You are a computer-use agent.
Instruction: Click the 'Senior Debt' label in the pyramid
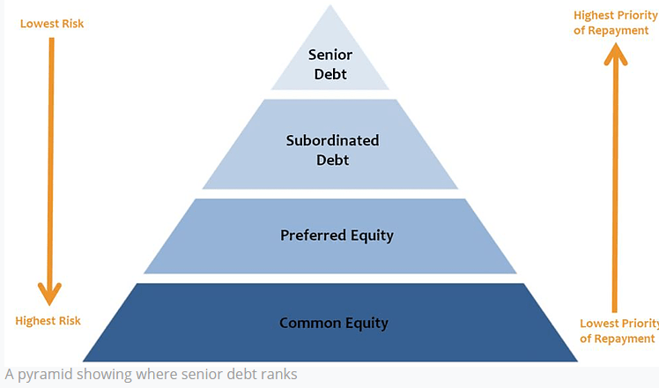(x=329, y=64)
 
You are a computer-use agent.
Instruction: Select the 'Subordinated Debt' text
(x=332, y=150)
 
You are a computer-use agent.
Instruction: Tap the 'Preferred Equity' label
(x=337, y=235)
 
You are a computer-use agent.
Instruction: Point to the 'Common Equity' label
(x=333, y=323)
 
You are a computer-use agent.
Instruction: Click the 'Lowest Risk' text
(x=52, y=23)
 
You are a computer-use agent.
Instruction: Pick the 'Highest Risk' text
(x=48, y=321)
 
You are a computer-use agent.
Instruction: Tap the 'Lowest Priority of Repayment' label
(x=617, y=331)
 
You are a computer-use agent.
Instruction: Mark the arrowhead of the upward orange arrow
(x=615, y=55)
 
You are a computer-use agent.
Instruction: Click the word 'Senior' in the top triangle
(x=329, y=55)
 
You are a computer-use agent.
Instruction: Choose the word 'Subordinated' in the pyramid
(x=332, y=140)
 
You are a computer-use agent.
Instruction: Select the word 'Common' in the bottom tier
(x=305, y=323)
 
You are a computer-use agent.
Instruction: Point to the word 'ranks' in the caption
(x=279, y=374)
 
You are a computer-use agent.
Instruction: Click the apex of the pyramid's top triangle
(x=330, y=7)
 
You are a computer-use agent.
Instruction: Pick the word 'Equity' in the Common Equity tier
(x=366, y=323)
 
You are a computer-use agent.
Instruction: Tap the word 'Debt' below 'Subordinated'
(x=332, y=160)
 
